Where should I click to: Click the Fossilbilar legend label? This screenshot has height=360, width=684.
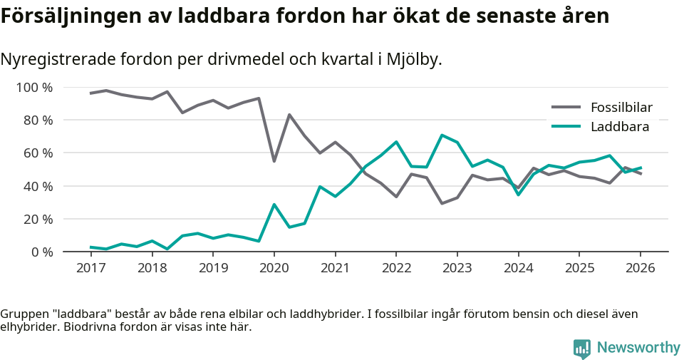tap(621, 108)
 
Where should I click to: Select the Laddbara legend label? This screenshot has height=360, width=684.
tap(619, 127)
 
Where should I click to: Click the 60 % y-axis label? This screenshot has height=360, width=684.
tap(38, 153)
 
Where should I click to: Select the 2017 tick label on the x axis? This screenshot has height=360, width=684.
tap(91, 268)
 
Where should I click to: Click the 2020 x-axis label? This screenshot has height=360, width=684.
tap(274, 268)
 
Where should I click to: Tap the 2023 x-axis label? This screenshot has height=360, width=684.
tap(457, 268)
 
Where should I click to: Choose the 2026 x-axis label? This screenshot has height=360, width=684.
tap(640, 268)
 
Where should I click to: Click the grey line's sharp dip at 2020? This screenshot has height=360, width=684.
tap(274, 161)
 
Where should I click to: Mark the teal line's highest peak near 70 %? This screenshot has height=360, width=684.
tap(442, 135)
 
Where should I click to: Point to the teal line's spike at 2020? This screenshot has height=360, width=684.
tap(274, 205)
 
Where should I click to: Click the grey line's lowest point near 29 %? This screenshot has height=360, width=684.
tap(442, 203)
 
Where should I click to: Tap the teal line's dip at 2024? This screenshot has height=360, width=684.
tap(518, 195)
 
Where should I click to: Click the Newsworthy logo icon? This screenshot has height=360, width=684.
tap(581, 348)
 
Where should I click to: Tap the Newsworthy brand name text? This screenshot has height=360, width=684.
tap(638, 348)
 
